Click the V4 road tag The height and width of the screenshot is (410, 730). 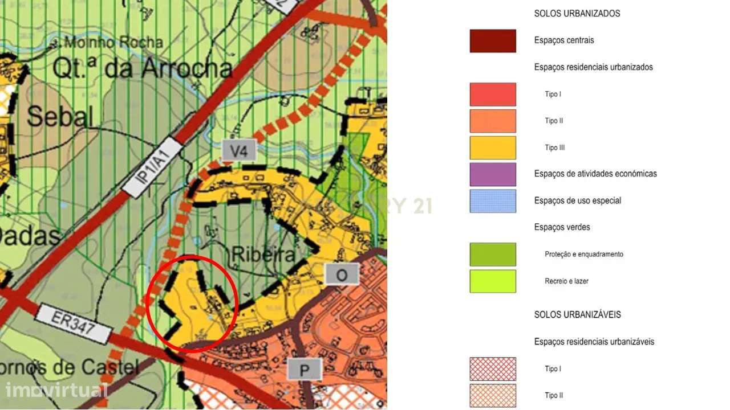238,151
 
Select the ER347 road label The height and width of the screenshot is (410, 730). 73,324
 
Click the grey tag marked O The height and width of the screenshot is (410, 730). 342,275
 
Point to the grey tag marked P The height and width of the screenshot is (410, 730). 304,370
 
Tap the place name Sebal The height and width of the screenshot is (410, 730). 59,116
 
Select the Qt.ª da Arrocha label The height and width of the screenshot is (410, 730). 143,69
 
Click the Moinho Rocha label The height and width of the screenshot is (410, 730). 113,42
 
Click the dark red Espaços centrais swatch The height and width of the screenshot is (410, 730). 493,41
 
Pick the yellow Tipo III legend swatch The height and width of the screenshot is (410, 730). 493,147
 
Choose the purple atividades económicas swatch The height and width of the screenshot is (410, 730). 493,174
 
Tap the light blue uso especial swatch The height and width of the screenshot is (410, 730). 493,201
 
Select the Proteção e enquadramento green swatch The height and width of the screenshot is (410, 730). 493,255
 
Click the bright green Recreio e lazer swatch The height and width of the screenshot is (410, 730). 493,281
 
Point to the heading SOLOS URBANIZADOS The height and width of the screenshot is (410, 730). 577,13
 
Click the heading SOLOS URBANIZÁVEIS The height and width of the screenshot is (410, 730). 578,314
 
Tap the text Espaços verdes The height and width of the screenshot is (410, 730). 562,227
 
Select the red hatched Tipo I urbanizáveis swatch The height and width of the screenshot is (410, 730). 493,369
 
